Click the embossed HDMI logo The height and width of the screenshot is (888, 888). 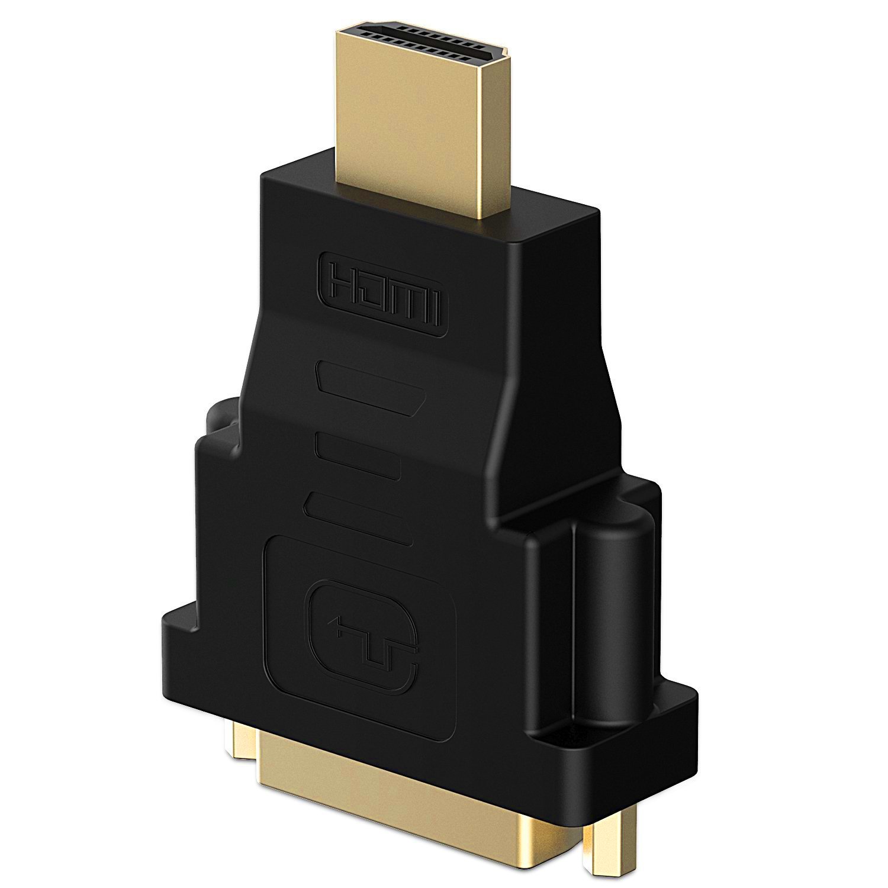tap(385, 294)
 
